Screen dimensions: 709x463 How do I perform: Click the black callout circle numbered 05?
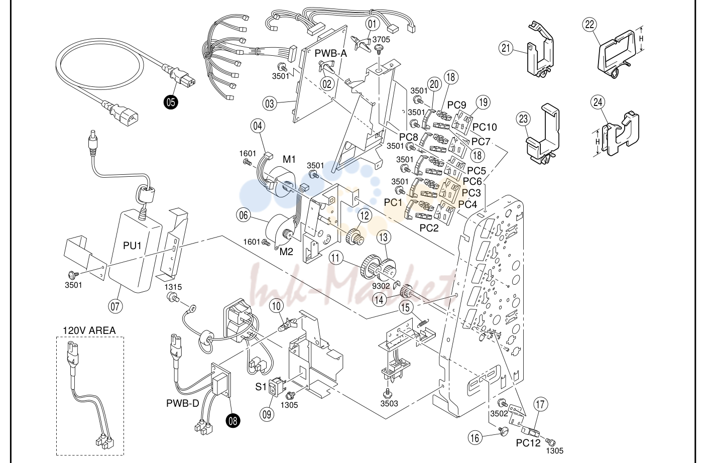(171, 102)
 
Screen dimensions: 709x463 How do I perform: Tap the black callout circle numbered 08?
(233, 421)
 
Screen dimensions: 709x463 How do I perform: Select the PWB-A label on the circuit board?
(330, 54)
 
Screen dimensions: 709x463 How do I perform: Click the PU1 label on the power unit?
(132, 246)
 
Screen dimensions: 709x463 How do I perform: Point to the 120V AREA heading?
(89, 330)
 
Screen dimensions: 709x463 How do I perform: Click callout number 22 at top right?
(589, 25)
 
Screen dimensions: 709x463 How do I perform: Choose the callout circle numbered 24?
(598, 102)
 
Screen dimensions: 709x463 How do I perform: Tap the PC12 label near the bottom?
(528, 443)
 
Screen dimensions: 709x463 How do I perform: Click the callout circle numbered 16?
(475, 438)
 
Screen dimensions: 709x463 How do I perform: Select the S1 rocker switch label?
(261, 387)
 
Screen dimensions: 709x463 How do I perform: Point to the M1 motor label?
(289, 159)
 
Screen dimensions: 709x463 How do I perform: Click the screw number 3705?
(381, 40)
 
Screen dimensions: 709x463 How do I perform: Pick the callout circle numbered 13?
(384, 237)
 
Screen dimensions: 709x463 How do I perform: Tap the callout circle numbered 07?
(115, 306)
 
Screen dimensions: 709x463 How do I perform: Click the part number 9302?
(381, 286)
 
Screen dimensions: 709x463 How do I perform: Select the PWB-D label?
(183, 403)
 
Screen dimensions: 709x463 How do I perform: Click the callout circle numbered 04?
(258, 126)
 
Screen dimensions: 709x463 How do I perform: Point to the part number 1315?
(173, 287)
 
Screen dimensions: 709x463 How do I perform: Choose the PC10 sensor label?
(485, 127)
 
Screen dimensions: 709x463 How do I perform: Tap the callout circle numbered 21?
(506, 48)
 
